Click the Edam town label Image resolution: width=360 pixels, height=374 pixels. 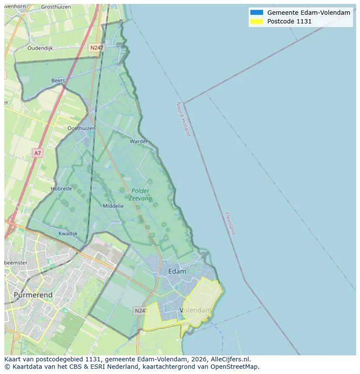(x=177, y=271)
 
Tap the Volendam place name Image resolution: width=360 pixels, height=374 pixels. (x=195, y=310)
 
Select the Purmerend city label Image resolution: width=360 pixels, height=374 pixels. (x=33, y=295)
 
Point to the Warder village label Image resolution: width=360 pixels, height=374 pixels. (x=139, y=141)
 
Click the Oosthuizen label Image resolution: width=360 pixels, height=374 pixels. (x=82, y=128)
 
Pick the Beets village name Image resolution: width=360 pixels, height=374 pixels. (x=58, y=80)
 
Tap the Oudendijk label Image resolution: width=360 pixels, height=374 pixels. (x=40, y=48)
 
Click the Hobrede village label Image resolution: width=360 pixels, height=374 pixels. (x=61, y=189)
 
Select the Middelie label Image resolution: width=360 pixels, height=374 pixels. (x=113, y=206)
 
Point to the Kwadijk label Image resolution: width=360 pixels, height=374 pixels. (x=68, y=233)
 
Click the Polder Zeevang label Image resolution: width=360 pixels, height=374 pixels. (x=140, y=195)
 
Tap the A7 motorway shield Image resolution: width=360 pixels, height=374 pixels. (x=38, y=153)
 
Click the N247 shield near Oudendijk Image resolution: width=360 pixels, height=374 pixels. (x=96, y=48)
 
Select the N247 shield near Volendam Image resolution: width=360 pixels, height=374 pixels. (x=141, y=311)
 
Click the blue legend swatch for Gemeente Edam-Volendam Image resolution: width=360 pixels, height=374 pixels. (x=257, y=13)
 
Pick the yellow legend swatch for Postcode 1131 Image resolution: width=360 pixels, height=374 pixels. (x=257, y=21)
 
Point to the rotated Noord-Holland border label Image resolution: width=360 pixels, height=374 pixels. (x=183, y=119)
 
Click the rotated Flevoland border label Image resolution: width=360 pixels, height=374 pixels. (x=230, y=223)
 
